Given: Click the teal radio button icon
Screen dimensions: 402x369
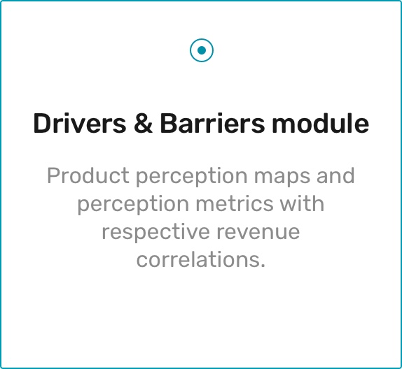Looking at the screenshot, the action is pos(202,50).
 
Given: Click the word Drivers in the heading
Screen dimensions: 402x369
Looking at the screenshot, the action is pos(80,123).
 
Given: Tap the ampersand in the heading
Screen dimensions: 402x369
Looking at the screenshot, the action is pos(144,123).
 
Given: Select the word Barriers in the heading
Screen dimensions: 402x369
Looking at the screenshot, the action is pos(212,123).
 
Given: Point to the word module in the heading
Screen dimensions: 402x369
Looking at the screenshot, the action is pos(321,123).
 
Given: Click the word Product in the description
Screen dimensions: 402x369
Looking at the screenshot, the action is pos(88,175).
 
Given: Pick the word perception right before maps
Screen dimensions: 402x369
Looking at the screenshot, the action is pos(191,177).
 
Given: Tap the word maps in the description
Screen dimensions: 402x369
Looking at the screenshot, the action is pos(282,177).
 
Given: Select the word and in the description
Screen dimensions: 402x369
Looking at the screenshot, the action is pos(335,175).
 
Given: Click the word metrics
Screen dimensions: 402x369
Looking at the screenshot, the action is pos(235,203).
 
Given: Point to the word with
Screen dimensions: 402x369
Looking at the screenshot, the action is pos(302,203).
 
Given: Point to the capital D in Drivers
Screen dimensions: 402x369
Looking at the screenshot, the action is pos(43,123).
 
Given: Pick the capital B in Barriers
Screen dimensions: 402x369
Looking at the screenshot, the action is pos(169,123).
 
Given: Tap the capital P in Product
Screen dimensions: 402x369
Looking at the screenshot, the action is pos(53,175).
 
